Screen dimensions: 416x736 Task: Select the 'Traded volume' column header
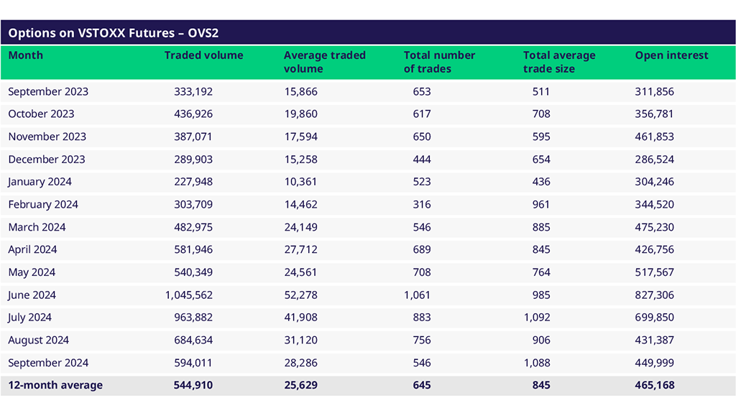[203, 55]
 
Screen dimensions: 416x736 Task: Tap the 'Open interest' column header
[671, 55]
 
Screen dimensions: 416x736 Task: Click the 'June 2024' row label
[32, 295]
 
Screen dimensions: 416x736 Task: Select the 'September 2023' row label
[48, 91]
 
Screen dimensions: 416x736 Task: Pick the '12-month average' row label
[55, 385]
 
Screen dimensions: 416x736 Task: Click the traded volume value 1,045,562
[189, 295]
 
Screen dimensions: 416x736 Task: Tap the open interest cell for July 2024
[655, 318]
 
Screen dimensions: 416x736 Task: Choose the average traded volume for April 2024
[300, 249]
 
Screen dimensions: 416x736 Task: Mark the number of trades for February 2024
[422, 204]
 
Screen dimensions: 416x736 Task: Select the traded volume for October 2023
[193, 114]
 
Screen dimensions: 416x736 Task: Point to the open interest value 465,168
[655, 385]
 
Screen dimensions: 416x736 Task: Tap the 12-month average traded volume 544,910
[193, 385]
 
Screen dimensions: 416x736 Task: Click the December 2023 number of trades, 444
[422, 159]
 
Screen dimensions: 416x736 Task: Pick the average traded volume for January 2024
[300, 182]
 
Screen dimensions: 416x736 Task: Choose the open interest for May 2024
[655, 272]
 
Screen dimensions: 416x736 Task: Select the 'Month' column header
[26, 55]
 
